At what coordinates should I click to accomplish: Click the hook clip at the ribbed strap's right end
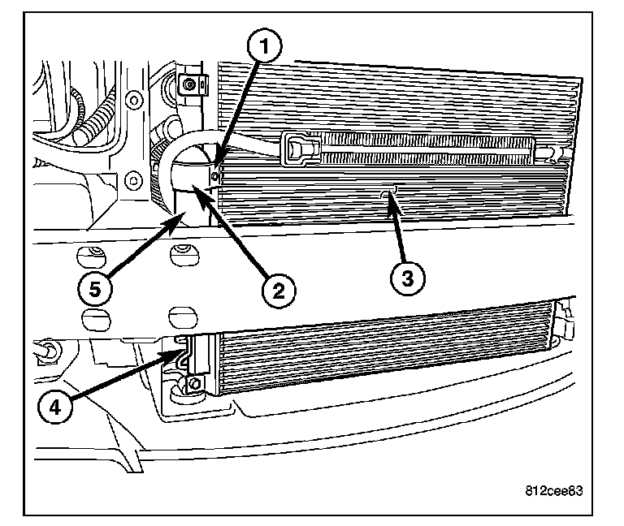coord(552,151)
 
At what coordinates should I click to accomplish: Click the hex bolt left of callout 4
coord(48,352)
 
